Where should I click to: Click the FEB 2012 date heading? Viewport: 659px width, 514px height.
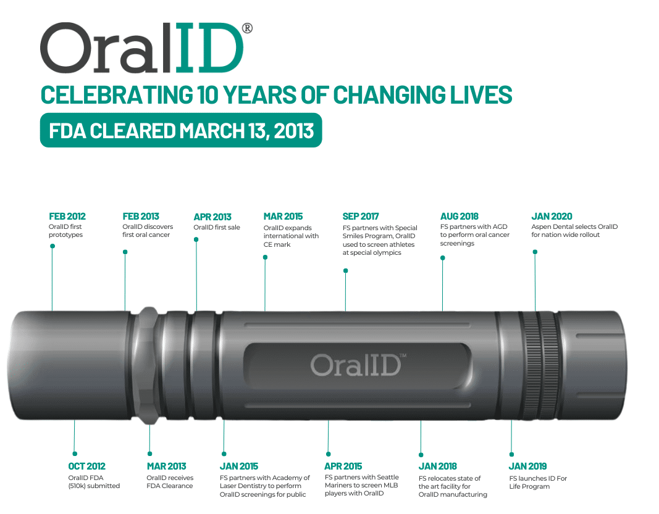click(x=67, y=216)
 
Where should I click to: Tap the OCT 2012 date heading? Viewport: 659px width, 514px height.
click(x=86, y=466)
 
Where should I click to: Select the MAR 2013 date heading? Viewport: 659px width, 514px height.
click(x=166, y=466)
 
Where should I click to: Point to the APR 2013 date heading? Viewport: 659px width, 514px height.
click(x=212, y=217)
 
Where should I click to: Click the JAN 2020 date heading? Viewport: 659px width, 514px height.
click(x=552, y=216)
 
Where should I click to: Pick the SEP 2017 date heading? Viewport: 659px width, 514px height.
click(x=361, y=216)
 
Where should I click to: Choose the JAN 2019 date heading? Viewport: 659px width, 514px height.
click(x=527, y=466)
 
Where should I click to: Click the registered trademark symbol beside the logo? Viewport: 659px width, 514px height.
click(x=248, y=28)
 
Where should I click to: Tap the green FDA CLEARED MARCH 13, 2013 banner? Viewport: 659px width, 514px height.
click(x=181, y=130)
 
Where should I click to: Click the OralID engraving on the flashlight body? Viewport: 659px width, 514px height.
click(x=356, y=365)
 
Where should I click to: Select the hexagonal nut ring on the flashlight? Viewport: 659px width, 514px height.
click(x=148, y=365)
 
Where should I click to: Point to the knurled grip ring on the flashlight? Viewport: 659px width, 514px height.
click(x=540, y=365)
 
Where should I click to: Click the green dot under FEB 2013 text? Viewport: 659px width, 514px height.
click(x=125, y=252)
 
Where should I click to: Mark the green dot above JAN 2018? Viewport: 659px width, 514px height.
click(x=421, y=455)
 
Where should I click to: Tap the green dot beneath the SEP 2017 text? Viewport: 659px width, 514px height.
click(x=345, y=271)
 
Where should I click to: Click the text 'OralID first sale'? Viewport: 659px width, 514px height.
click(x=216, y=227)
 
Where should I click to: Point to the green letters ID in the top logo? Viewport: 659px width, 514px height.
click(x=208, y=48)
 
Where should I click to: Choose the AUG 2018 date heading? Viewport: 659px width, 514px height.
click(x=459, y=216)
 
